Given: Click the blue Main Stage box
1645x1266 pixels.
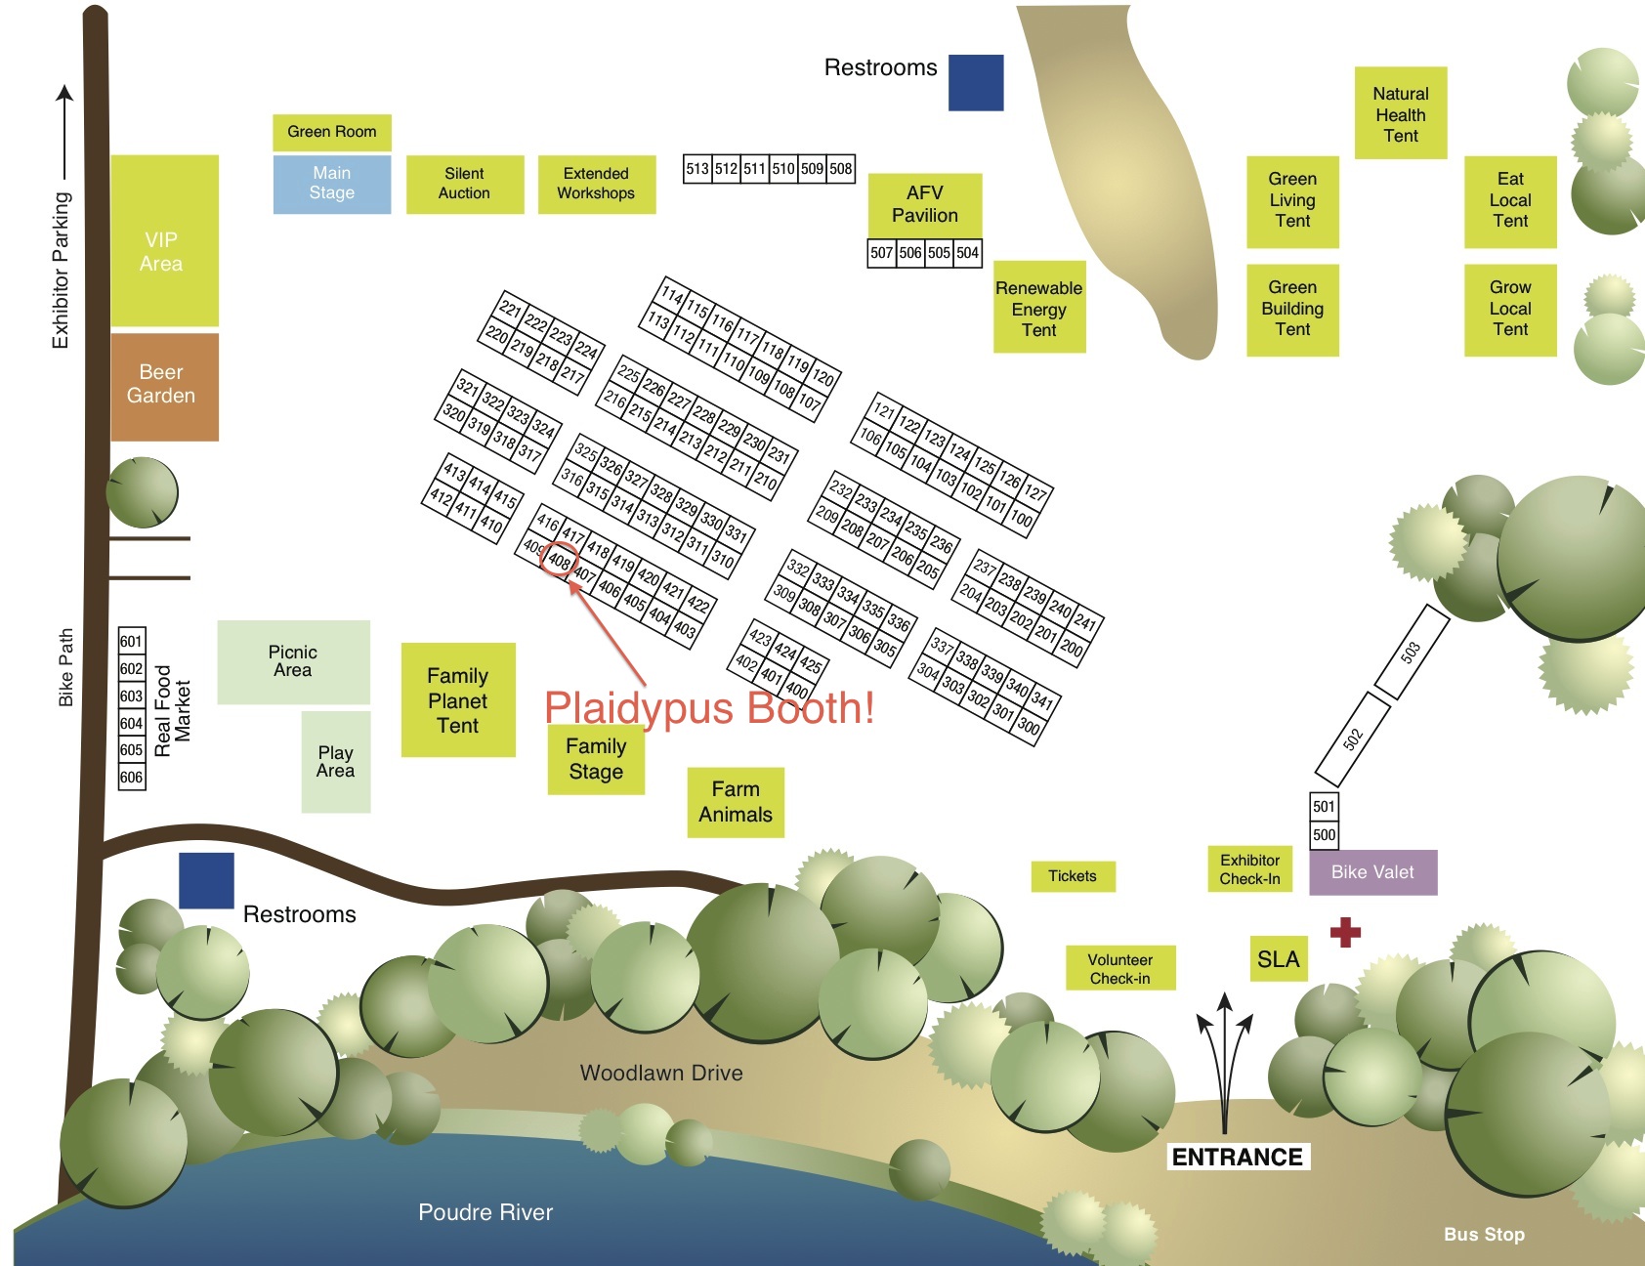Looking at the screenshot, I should (x=331, y=184).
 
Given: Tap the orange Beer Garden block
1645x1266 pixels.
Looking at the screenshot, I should (x=164, y=386).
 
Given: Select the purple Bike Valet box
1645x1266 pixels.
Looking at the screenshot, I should (x=1371, y=872).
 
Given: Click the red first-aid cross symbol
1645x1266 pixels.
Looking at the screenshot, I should (x=1345, y=932).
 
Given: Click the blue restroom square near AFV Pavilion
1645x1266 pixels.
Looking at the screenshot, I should (x=976, y=83).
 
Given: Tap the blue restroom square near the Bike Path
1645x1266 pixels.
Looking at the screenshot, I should (x=206, y=880).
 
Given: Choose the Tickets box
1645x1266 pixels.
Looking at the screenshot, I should (x=1073, y=876).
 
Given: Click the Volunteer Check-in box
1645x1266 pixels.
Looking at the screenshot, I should (x=1119, y=969).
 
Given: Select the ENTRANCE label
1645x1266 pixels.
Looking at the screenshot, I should (x=1237, y=1158).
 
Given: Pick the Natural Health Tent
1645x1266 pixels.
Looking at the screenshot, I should (x=1400, y=113).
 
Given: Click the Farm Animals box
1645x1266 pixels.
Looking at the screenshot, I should (x=735, y=802).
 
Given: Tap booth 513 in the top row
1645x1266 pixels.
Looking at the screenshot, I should (x=696, y=168).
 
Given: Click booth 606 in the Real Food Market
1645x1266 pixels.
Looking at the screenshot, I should (x=132, y=778).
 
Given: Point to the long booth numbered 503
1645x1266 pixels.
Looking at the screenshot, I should (x=1411, y=652).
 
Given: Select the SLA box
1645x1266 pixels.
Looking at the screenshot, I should (x=1278, y=959).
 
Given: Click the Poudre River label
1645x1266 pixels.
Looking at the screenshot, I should (x=485, y=1212).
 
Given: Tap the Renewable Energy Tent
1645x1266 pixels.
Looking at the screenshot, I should (x=1038, y=308).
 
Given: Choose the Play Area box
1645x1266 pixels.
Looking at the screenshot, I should (x=335, y=762).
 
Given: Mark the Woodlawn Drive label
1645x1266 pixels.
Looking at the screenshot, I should (x=660, y=1073).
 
